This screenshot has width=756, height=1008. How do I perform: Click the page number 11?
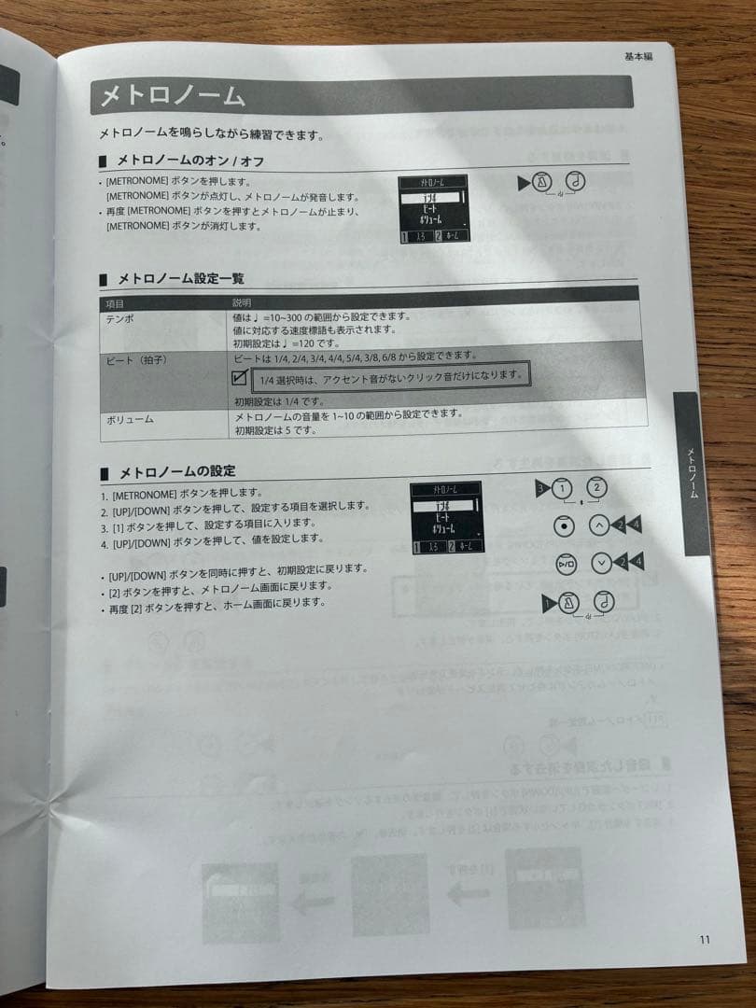(x=705, y=939)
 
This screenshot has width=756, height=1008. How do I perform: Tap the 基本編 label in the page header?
(x=637, y=57)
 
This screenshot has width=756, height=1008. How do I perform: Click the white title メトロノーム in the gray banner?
(x=173, y=96)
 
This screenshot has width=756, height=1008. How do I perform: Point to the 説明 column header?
(x=242, y=303)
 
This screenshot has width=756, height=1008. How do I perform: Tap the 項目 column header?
(x=115, y=303)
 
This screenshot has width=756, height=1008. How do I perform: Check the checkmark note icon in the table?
(x=239, y=378)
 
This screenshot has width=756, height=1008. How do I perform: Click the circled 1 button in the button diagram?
(x=561, y=487)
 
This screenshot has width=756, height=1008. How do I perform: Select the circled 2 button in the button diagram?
(x=596, y=486)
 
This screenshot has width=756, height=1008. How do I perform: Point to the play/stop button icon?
(x=566, y=563)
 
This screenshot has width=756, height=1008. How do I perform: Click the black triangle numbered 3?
(x=540, y=487)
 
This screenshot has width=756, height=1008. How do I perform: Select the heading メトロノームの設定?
(x=175, y=470)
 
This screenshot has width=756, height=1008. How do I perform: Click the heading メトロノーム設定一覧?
(x=180, y=279)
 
